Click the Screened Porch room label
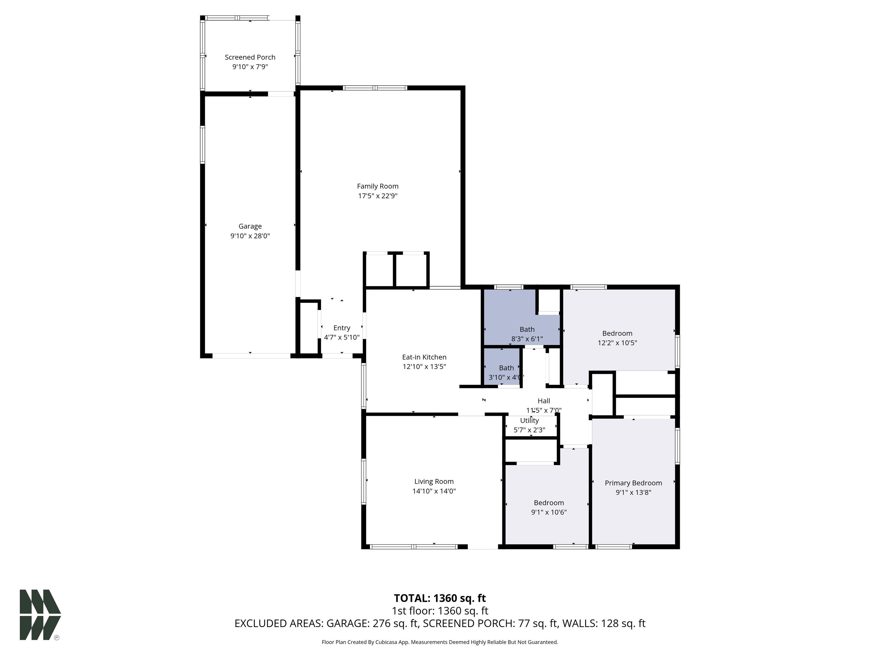coord(250,57)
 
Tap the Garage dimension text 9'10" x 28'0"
coord(250,236)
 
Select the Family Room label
coord(378,186)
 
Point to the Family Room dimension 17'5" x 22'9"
coord(378,196)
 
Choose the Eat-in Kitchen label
coord(424,357)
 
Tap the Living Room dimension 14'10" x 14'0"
coord(434,491)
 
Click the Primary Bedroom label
coord(633,483)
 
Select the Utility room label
coord(529,421)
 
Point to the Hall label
coord(544,401)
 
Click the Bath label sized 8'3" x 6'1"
coord(527,329)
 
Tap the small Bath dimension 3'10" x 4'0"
coord(506,378)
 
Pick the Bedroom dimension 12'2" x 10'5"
coord(617,343)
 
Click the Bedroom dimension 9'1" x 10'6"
coord(549,512)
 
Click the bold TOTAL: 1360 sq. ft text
coord(440,598)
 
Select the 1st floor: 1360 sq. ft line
coord(440,611)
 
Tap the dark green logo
coord(40,615)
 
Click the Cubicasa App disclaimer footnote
coord(440,642)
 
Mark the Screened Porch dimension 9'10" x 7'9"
coord(250,67)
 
